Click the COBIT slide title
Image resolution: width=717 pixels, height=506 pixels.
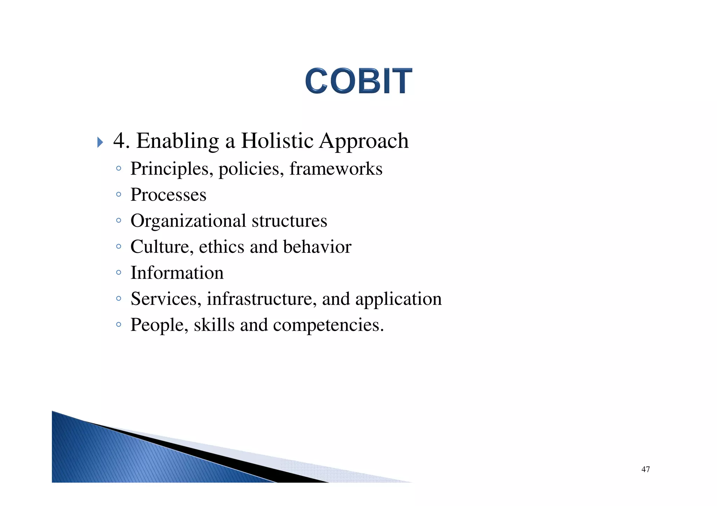[x=358, y=81]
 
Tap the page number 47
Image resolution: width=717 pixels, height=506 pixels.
[x=646, y=469]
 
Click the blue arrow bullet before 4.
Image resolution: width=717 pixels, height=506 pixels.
[x=100, y=142]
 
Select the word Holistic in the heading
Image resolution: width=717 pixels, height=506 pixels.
[x=277, y=141]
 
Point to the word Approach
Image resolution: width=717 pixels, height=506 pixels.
[x=364, y=142]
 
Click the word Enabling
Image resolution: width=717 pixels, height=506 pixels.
[x=177, y=142]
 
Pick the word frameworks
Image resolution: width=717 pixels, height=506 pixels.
[x=336, y=169]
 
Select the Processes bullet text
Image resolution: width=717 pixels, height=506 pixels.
[x=168, y=195]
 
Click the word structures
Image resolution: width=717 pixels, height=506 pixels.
[x=289, y=221]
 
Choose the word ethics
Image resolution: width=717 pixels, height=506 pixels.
[x=222, y=247]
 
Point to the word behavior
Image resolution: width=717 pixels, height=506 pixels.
[x=317, y=247]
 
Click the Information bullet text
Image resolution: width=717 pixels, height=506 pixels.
[x=177, y=273]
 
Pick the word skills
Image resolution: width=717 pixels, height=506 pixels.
[x=214, y=325]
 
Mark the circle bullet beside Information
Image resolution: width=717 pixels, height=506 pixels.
[x=119, y=272]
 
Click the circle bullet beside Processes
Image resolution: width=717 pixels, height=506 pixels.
[x=119, y=194]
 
